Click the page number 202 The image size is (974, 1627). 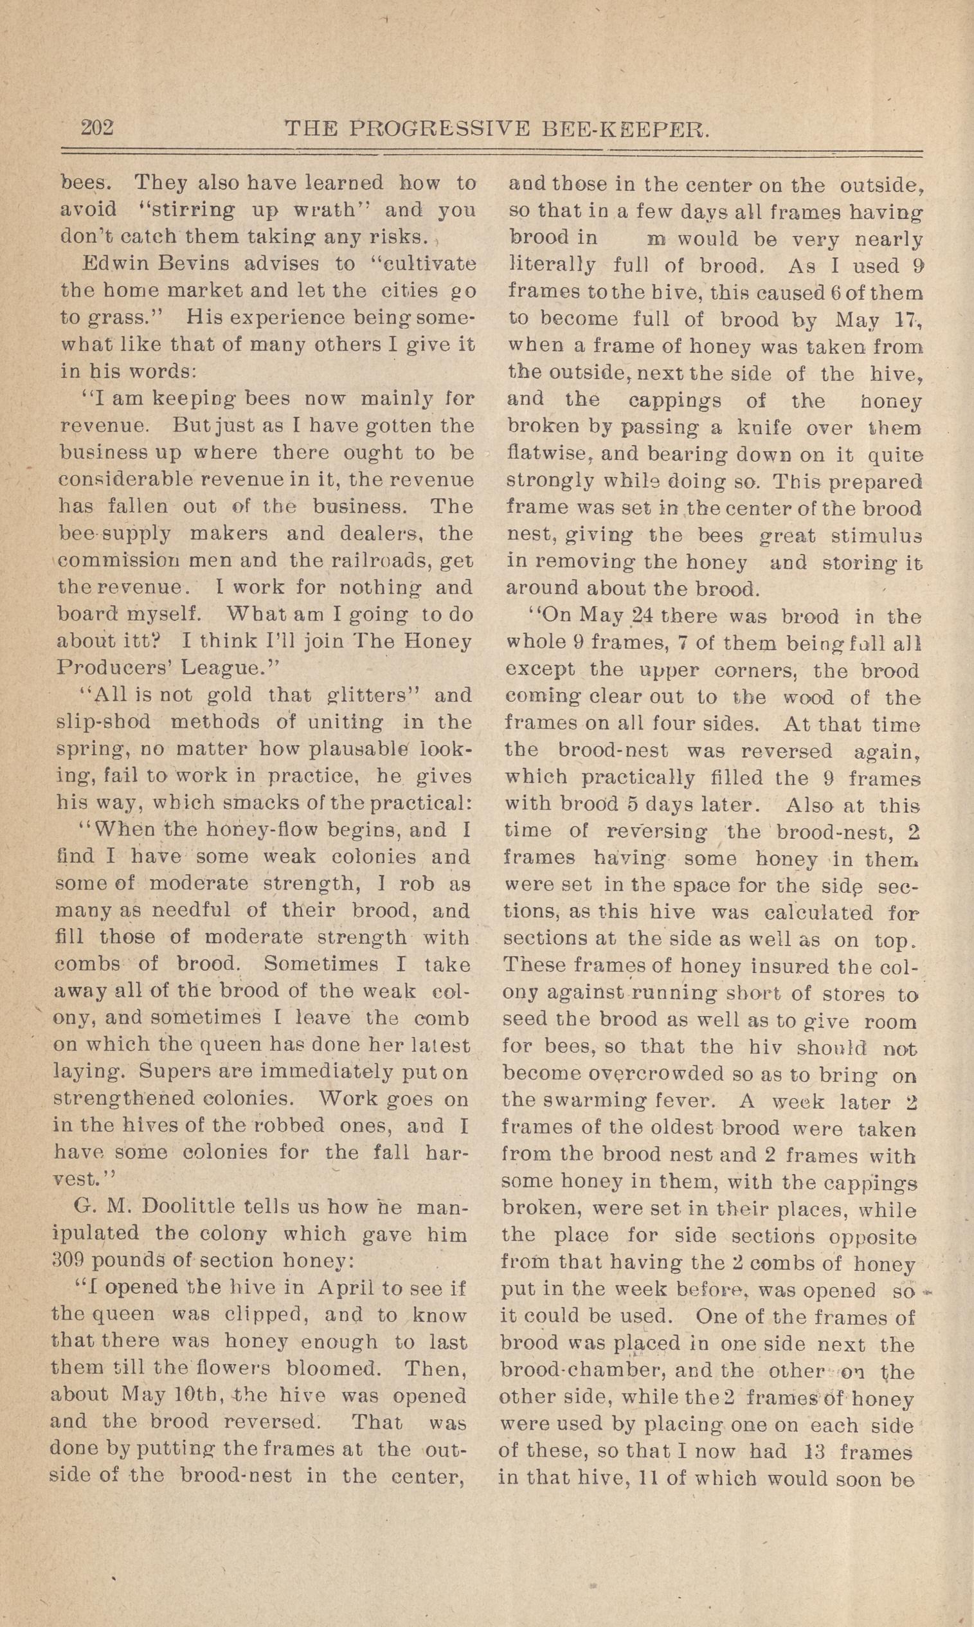click(x=97, y=127)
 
